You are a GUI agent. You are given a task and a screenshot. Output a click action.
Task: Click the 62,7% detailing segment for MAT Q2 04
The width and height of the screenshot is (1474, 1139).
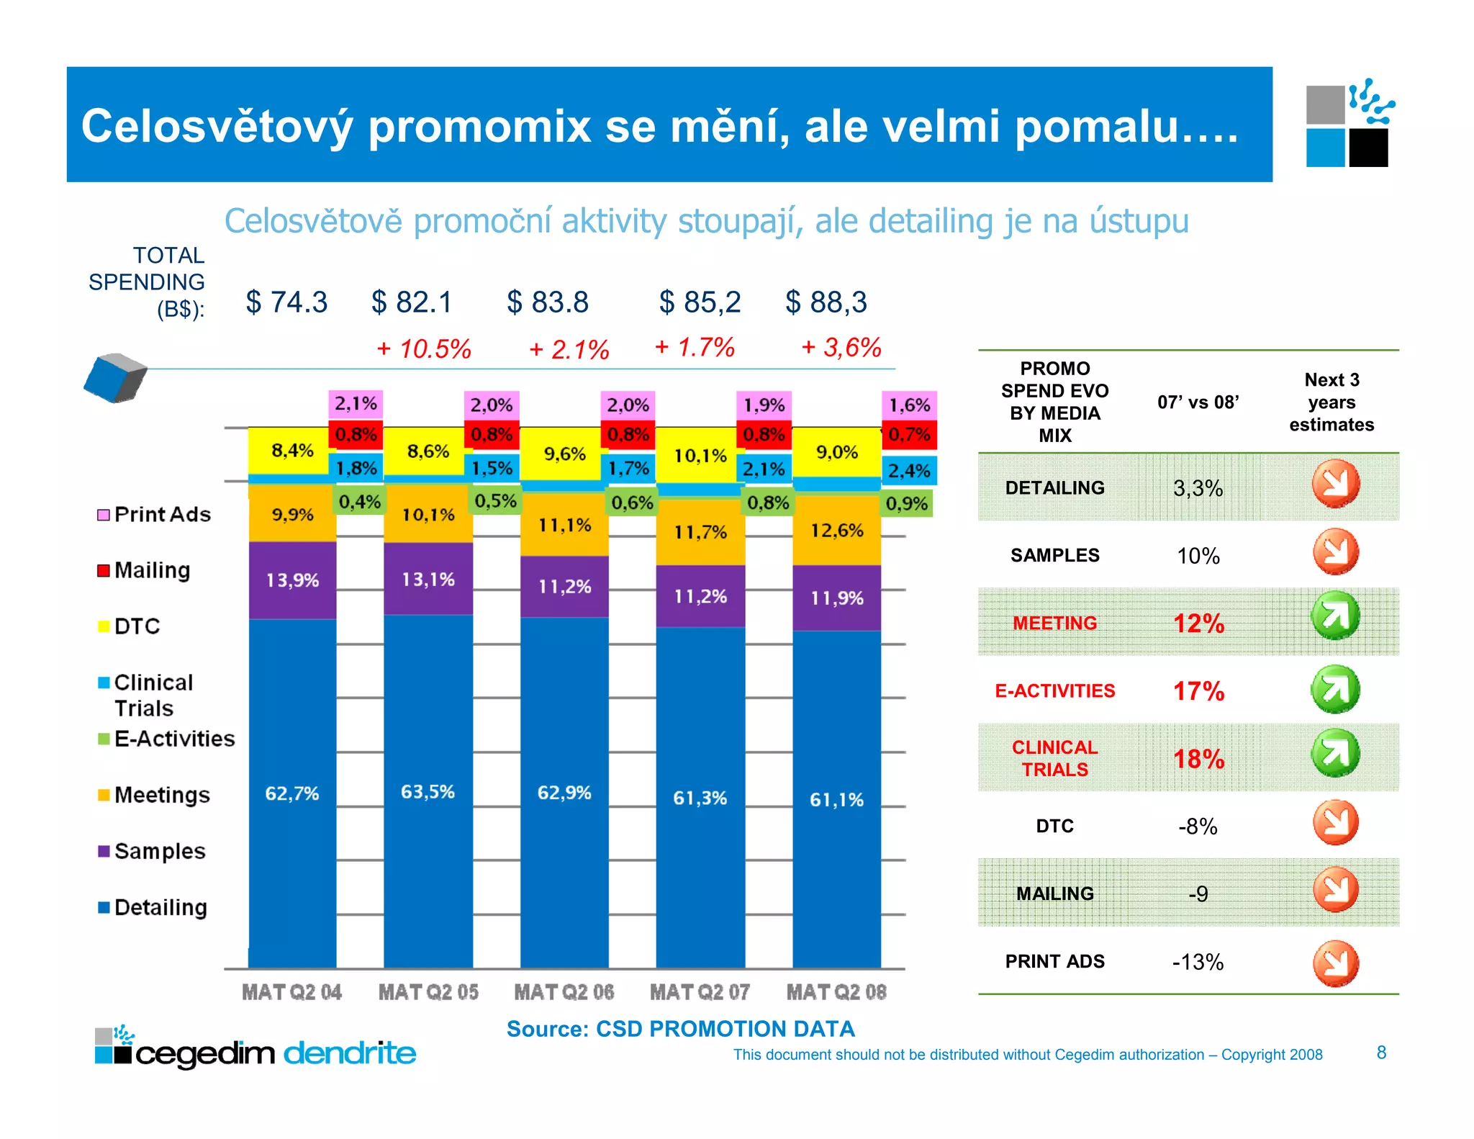[292, 793]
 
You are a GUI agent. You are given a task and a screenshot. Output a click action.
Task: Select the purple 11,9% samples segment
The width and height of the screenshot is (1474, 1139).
[836, 598]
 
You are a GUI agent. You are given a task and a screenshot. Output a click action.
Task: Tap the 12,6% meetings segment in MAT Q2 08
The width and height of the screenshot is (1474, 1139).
[836, 530]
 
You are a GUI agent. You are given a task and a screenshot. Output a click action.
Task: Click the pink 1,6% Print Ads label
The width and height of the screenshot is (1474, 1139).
[909, 405]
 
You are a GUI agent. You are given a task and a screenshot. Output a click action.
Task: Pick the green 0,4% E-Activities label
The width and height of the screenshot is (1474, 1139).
[359, 501]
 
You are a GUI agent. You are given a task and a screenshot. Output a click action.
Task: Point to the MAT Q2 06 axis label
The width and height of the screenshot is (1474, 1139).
[564, 992]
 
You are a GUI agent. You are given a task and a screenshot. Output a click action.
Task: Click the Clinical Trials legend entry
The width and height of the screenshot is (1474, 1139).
[153, 695]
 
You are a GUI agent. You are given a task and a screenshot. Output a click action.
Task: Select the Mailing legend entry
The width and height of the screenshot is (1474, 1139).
[152, 570]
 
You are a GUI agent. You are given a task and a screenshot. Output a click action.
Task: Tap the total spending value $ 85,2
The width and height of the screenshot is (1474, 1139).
[700, 302]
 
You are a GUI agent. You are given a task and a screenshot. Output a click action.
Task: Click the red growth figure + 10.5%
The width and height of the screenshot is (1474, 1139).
[425, 349]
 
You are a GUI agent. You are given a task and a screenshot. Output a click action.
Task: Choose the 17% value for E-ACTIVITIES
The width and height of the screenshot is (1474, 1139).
[1198, 691]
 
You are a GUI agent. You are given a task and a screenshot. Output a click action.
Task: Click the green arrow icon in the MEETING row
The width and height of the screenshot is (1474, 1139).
[1334, 616]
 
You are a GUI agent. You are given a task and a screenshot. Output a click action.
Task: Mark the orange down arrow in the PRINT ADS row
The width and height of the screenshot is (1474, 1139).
[1335, 963]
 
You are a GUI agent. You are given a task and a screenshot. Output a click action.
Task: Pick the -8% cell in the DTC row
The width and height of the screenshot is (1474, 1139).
[1198, 826]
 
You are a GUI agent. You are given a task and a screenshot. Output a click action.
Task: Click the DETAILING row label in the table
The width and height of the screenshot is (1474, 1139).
[1054, 487]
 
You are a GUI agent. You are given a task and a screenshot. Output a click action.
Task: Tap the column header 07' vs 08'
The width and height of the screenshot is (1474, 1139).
[1198, 402]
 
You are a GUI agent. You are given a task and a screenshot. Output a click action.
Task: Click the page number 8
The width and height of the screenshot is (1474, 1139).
[1381, 1053]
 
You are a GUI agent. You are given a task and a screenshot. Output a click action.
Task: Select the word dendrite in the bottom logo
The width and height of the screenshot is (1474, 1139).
[350, 1053]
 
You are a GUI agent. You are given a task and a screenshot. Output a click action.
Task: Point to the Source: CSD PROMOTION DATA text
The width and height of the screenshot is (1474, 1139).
[680, 1029]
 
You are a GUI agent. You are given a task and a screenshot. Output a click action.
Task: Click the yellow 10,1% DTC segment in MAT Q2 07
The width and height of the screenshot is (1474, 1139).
[700, 455]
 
